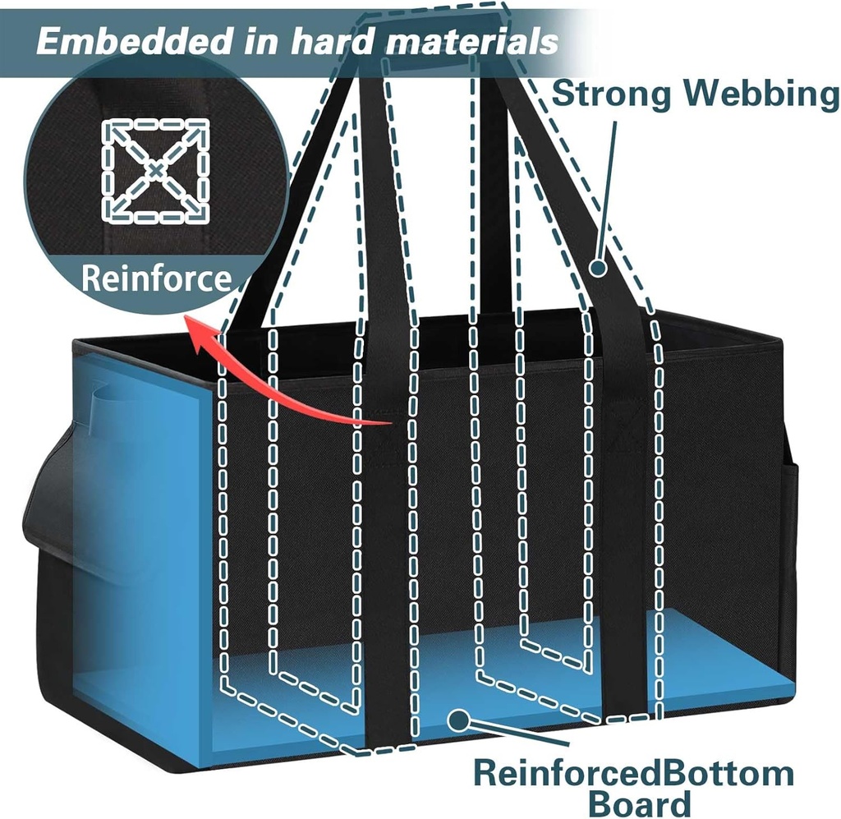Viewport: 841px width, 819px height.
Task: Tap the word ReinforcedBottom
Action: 633,774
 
